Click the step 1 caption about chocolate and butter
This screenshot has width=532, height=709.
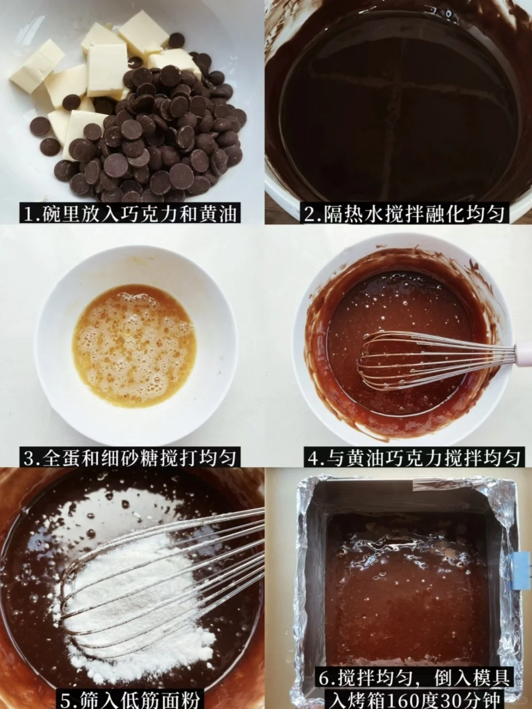click(130, 213)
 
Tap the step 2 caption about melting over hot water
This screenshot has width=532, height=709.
click(404, 213)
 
